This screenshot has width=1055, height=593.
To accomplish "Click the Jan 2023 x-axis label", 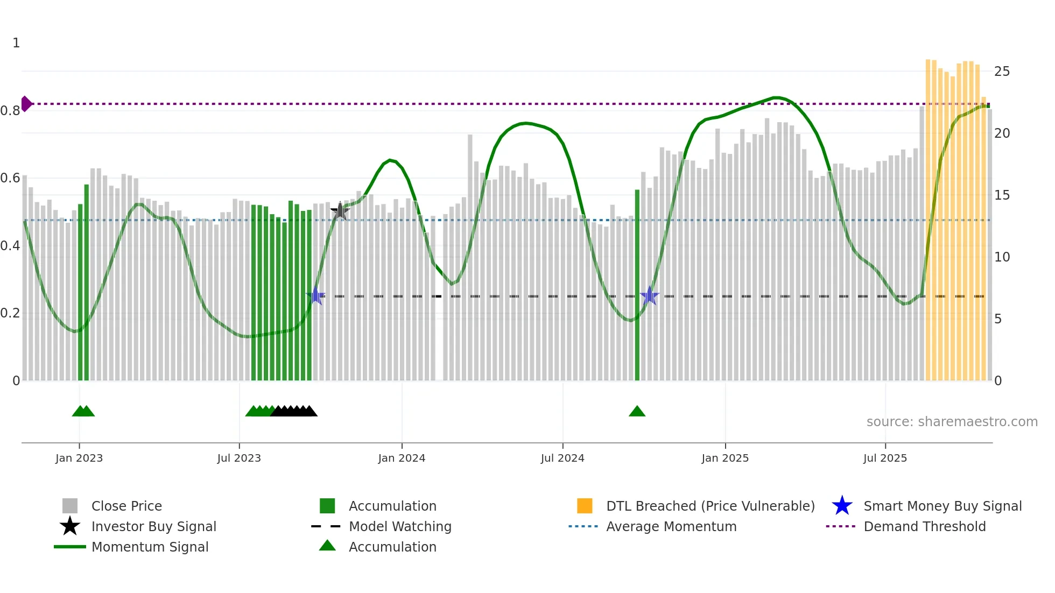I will [x=79, y=458].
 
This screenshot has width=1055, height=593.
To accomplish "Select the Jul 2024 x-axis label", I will [x=562, y=458].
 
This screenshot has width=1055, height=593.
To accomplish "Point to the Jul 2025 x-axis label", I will [x=885, y=458].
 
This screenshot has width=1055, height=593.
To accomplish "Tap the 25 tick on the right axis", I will [x=1002, y=72].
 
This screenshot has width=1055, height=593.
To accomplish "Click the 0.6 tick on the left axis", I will [x=10, y=178].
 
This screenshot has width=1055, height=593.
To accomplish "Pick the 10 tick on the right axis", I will [x=1002, y=257].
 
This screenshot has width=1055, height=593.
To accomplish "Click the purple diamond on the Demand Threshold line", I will [x=26, y=104].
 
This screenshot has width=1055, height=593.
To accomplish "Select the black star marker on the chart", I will [x=340, y=211].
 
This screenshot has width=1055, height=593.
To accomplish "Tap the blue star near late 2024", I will [x=650, y=296].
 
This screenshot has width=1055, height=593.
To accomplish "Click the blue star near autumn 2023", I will [x=315, y=296].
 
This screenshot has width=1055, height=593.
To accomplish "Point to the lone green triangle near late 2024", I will [x=637, y=412].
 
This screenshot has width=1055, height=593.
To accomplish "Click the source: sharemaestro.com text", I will [x=952, y=422].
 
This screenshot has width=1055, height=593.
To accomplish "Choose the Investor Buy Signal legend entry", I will [x=153, y=526].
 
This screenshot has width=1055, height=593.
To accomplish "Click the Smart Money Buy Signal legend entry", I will [x=942, y=506].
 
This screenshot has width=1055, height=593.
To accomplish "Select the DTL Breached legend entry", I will [x=710, y=506].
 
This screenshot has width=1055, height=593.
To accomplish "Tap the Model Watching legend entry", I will [x=399, y=526].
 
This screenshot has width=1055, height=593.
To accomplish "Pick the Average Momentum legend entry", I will [x=671, y=526].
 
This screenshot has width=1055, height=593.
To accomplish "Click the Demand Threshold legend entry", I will [x=924, y=526].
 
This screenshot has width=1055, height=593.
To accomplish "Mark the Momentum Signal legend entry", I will [x=150, y=547].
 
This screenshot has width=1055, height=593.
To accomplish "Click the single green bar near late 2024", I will [x=637, y=285].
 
